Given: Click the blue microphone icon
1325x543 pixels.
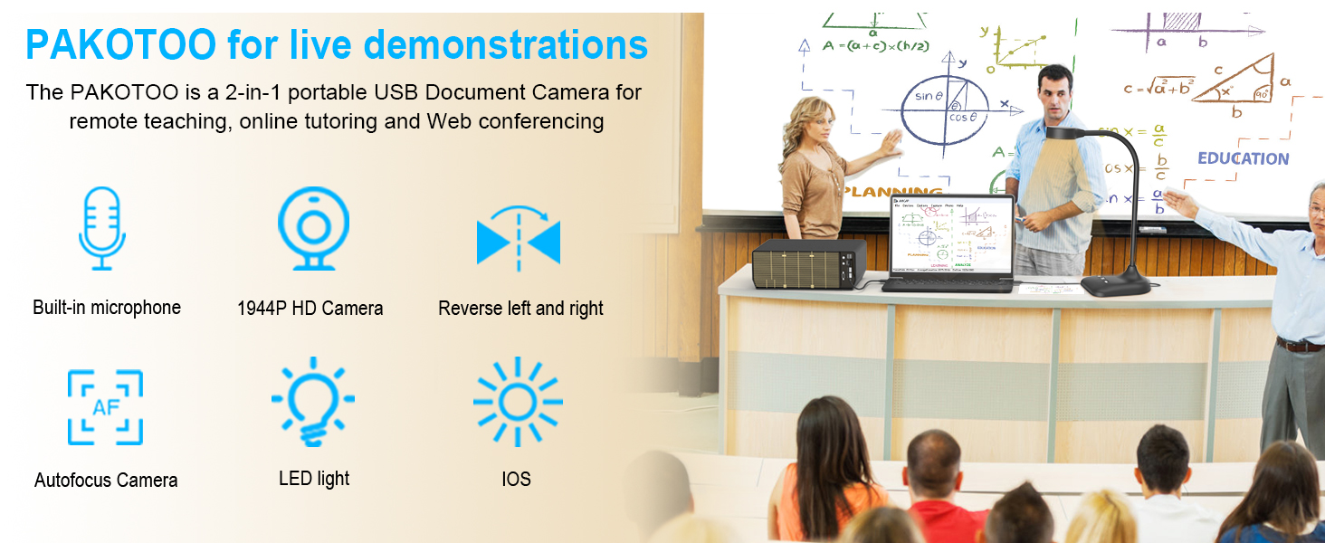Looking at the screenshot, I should tap(101, 228).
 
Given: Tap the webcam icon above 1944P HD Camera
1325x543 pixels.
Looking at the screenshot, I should tap(313, 228).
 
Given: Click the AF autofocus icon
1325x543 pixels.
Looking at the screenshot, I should tap(105, 407).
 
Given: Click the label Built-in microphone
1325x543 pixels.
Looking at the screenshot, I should tap(107, 308).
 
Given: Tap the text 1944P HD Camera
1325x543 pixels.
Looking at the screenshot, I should tap(310, 309).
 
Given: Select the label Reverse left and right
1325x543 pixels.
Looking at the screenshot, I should tap(520, 309).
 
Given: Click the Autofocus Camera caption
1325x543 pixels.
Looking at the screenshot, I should tap(106, 481).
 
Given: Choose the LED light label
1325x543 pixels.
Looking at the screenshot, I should tap(314, 479).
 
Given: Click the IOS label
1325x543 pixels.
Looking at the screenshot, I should tap(516, 480).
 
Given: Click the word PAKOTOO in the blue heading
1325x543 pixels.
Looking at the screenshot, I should tap(120, 43).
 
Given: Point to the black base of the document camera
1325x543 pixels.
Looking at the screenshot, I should tap(1115, 285).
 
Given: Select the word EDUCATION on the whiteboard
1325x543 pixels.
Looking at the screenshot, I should tap(1243, 158).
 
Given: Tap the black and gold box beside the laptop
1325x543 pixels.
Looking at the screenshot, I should tap(809, 264).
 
